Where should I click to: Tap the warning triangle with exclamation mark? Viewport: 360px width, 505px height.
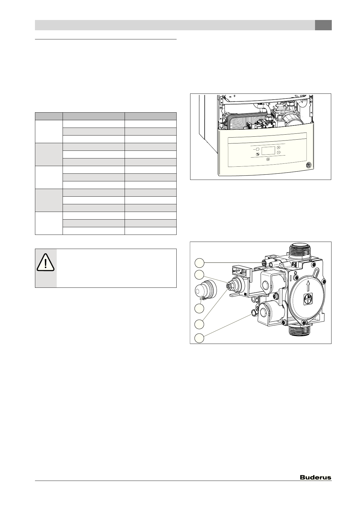tap(46, 262)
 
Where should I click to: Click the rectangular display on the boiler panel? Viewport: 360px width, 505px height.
tap(268, 151)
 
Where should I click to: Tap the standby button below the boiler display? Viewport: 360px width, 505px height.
tap(268, 160)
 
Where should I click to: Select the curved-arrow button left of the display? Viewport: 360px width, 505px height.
tap(258, 154)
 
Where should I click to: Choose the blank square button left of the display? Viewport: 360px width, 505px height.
tap(258, 149)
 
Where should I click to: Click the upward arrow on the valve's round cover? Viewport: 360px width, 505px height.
tap(308, 285)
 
